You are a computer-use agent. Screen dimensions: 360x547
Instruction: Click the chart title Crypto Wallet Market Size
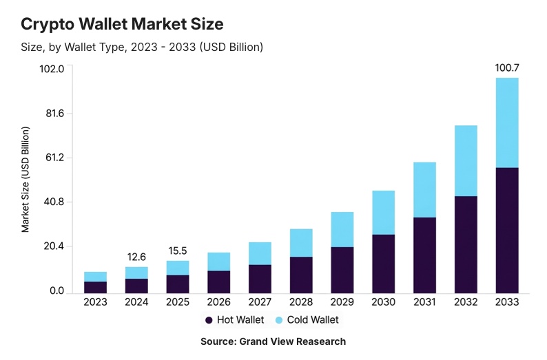[x=122, y=24]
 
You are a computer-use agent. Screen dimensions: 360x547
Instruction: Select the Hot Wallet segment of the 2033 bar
[x=507, y=229]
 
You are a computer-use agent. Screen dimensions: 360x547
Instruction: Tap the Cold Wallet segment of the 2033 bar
[x=507, y=123]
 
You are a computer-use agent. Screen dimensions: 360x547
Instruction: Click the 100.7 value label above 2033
[x=507, y=68]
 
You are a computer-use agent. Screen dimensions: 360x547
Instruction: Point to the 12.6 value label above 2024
[x=136, y=257]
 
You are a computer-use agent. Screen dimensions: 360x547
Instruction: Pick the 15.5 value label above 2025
[x=178, y=251]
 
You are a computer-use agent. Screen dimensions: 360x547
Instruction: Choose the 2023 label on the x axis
[x=95, y=301]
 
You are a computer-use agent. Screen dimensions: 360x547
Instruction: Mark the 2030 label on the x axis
[x=383, y=301]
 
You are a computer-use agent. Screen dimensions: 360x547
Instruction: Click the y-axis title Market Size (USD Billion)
[x=25, y=180]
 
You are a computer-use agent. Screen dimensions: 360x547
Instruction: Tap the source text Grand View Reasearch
[x=273, y=341]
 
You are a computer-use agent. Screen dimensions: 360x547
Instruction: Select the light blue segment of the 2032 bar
[x=466, y=160]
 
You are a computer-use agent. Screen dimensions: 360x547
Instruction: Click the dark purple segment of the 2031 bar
[x=424, y=254]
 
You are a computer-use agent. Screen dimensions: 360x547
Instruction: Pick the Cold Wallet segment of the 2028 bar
[x=301, y=242]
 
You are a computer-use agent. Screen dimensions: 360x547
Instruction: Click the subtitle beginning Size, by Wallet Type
[x=142, y=47]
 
